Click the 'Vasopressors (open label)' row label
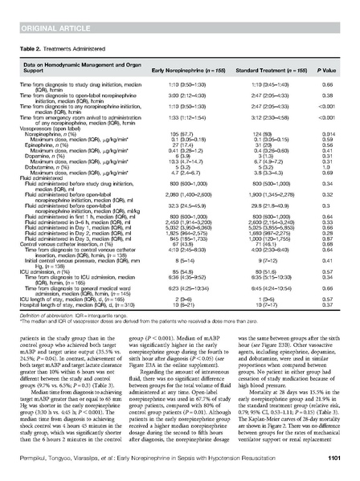(57, 106)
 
